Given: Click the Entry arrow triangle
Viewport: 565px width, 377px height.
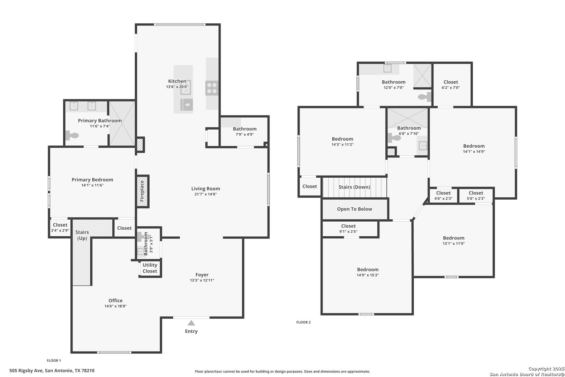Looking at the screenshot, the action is coord(191,323).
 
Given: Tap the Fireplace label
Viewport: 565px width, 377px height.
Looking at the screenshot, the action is coord(142,191).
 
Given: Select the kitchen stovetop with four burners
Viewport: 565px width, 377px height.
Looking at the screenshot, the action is coord(212,88).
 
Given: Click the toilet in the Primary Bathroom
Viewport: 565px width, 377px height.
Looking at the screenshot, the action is coord(72,135).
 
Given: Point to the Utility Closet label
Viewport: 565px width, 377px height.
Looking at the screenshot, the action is coord(150,268).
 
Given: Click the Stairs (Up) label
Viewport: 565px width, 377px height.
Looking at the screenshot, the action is coord(82,235).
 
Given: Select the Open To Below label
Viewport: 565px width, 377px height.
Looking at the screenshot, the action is coord(354,209).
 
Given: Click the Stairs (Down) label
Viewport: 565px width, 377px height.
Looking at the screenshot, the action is coord(354,187).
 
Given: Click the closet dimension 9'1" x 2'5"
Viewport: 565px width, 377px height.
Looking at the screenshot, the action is coord(348,231).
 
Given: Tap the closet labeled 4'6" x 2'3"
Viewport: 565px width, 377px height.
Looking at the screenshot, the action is coord(443,195).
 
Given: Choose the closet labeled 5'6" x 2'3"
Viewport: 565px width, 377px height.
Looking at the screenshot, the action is coord(476,195).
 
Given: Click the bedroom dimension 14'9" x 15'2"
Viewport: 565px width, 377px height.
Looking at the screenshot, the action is coord(368,275).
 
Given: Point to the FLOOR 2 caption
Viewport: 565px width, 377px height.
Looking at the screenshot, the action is coord(303,322).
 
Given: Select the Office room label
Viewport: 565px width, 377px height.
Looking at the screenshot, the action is coord(115,301).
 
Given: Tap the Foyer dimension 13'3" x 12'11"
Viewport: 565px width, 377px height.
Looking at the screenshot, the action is coord(202,280).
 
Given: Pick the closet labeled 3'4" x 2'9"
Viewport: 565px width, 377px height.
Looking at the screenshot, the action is coord(60,228).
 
